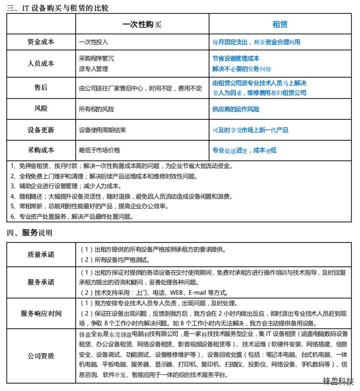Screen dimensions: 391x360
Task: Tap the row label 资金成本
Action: [x=41, y=43]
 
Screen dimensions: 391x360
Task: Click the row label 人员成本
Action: [x=41, y=64]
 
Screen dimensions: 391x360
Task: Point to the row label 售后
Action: [x=41, y=88]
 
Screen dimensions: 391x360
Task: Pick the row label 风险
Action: [x=41, y=109]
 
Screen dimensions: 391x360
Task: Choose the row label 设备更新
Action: [x=41, y=130]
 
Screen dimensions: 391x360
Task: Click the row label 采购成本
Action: [x=41, y=150]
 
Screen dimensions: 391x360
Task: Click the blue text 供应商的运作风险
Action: [x=236, y=109]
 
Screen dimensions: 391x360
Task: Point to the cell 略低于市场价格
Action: [x=99, y=150]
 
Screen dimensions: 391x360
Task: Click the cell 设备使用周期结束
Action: [x=103, y=130]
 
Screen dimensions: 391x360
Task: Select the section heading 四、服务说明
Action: [x=29, y=233]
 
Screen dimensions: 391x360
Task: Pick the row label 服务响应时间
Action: [x=41, y=313]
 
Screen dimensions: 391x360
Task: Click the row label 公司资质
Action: [x=41, y=355]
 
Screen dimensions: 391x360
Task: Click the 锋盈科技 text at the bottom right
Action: [x=338, y=382]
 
